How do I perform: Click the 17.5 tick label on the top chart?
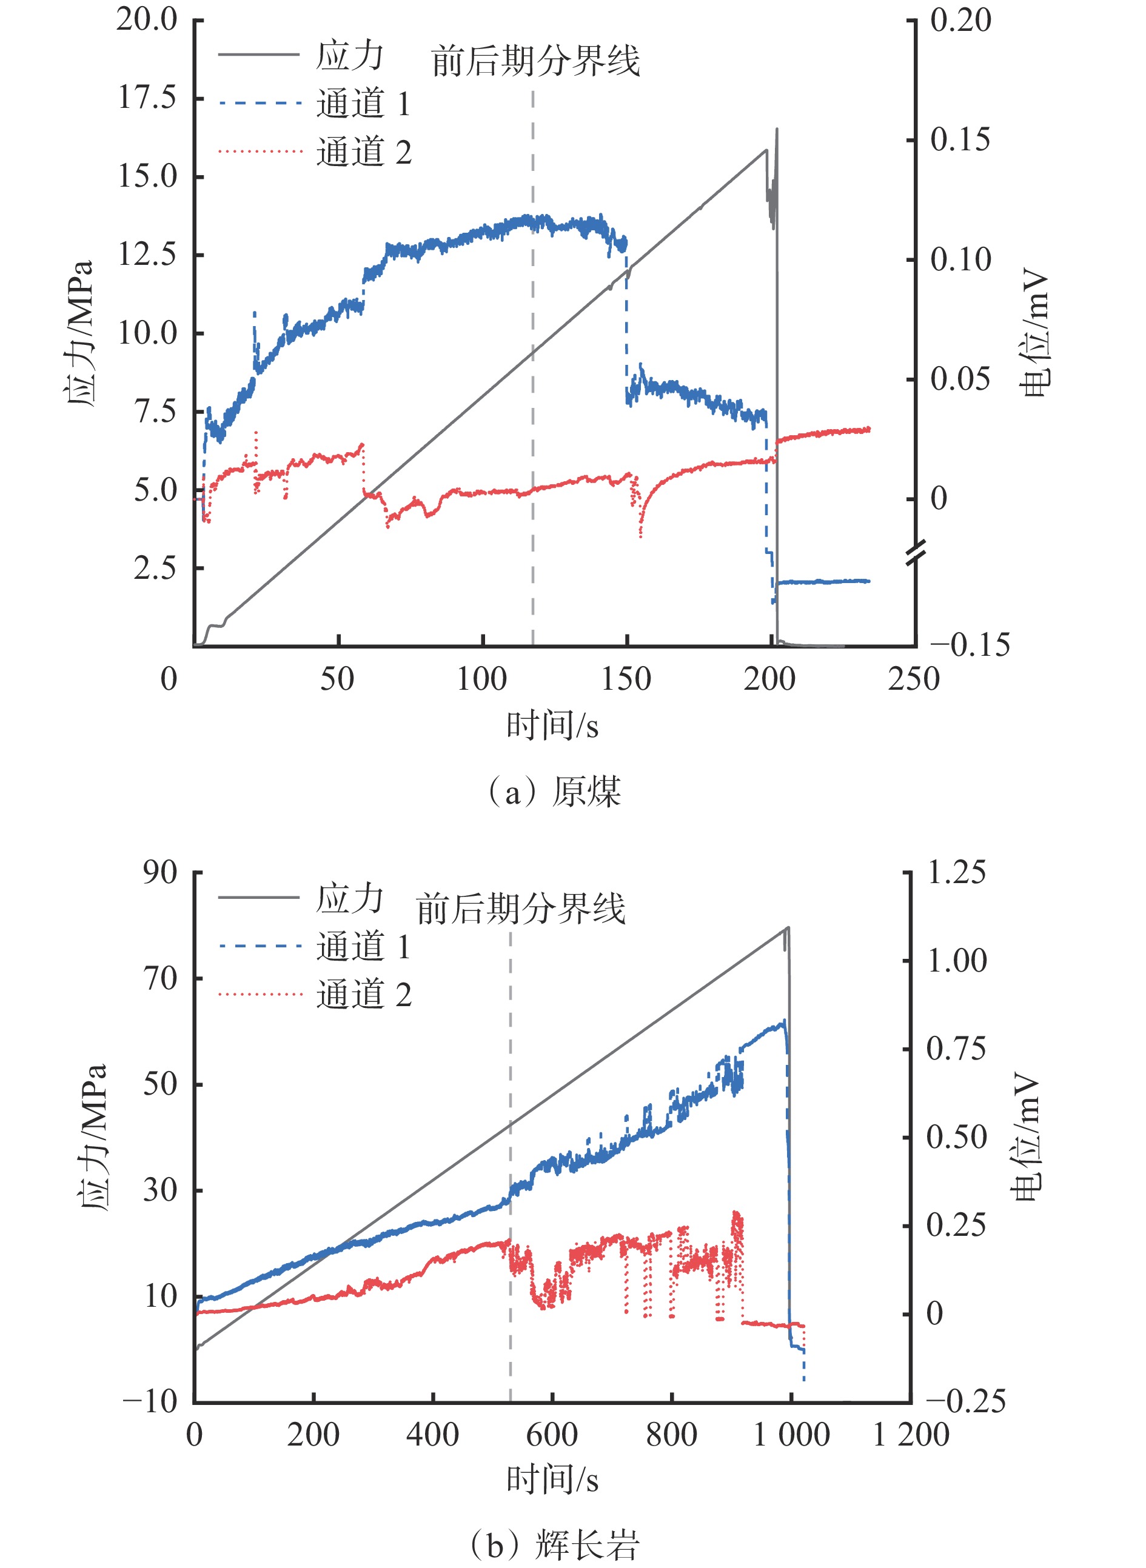pyautogui.click(x=147, y=98)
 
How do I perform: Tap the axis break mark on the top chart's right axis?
pyautogui.click(x=915, y=552)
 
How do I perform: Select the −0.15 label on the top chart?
pyautogui.click(x=970, y=645)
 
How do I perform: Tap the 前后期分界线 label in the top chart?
pyautogui.click(x=535, y=61)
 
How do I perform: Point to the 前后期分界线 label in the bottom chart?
pyautogui.click(x=520, y=909)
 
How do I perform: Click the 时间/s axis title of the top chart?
pyautogui.click(x=552, y=726)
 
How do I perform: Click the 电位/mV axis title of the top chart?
pyautogui.click(x=1036, y=333)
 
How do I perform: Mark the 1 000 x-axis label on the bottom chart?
pyautogui.click(x=791, y=1435)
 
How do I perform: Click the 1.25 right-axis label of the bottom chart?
pyautogui.click(x=956, y=872)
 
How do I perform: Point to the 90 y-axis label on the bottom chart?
pyautogui.click(x=160, y=872)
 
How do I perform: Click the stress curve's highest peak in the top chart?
pyautogui.click(x=776, y=129)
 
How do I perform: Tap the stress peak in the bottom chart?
pyautogui.click(x=788, y=927)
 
